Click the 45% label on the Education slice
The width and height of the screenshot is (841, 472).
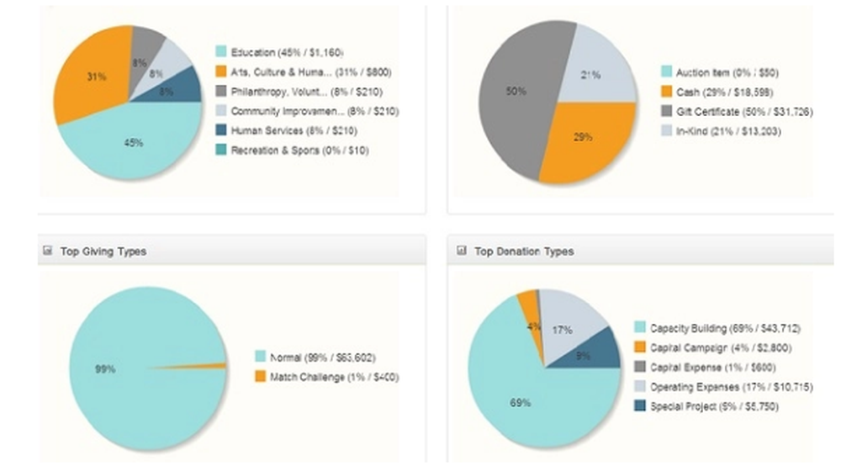pos(133,143)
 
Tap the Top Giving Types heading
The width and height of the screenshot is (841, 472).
pos(103,251)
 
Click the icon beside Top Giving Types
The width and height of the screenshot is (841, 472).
pos(47,251)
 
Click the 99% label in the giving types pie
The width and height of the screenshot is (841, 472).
pos(106,369)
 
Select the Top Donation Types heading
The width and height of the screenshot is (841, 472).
pos(524,251)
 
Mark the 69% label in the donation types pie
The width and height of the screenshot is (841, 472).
pos(520,402)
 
